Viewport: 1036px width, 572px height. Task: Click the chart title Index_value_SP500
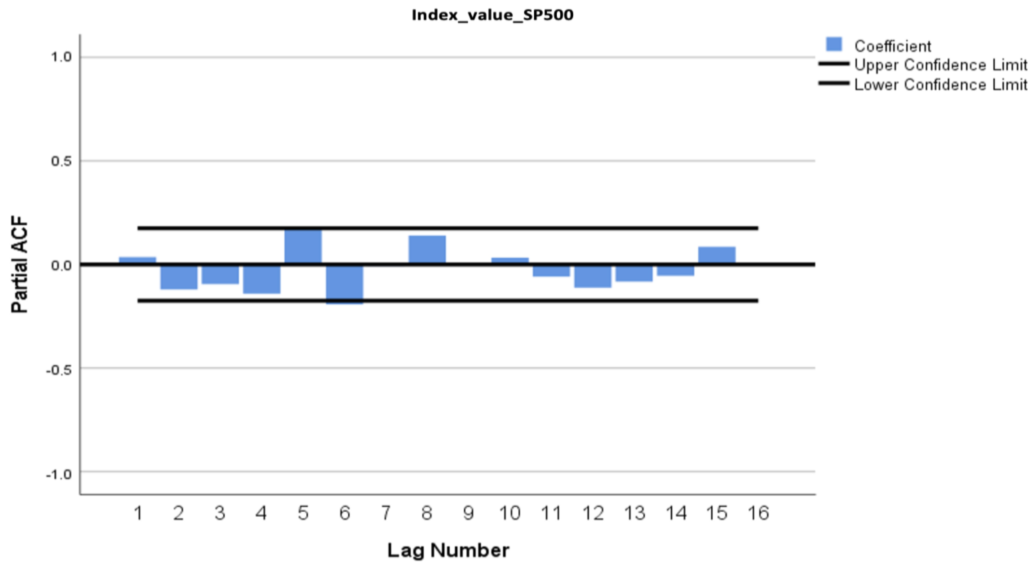492,15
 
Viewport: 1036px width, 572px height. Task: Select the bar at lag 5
303,246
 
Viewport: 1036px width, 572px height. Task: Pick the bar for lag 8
427,249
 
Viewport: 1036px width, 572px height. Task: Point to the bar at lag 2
179,277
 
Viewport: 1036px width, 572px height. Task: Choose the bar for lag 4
262,279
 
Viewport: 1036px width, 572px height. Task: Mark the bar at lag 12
593,276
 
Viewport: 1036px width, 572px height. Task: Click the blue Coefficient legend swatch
834,45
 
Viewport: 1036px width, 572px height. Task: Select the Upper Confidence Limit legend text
940,65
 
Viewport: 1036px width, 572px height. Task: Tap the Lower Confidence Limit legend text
940,85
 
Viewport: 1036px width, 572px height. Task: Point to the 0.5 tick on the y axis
61,161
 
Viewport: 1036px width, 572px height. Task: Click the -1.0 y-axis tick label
59,475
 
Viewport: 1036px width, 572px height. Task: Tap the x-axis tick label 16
758,513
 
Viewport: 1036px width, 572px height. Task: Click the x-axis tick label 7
386,513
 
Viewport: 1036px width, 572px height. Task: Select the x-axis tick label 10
510,513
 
